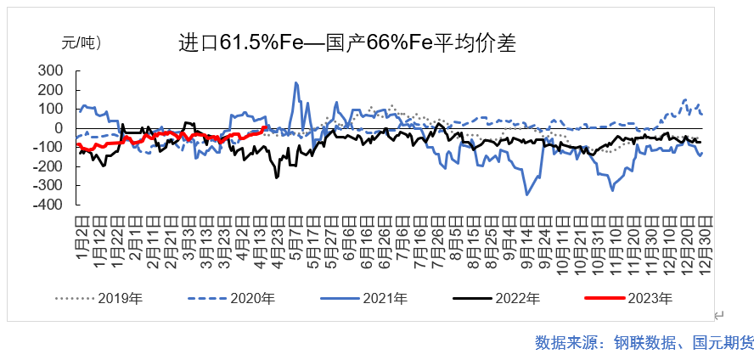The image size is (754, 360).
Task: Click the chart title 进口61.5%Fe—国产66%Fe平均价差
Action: (x=346, y=42)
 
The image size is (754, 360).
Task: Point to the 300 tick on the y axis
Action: (x=50, y=70)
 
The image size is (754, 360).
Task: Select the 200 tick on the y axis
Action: (x=50, y=90)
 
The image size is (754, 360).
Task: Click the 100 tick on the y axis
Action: (x=50, y=109)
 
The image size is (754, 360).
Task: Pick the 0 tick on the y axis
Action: (x=59, y=128)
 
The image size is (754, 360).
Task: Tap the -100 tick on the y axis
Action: (x=48, y=148)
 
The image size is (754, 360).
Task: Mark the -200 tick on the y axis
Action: (x=48, y=166)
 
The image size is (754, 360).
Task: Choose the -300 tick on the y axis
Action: (x=48, y=186)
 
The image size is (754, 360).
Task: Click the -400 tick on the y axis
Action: (x=48, y=205)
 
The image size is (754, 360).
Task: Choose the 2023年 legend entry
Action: (x=650, y=298)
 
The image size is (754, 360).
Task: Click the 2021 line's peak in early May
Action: (x=295, y=82)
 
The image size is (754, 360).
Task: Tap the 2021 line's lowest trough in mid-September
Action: (x=526, y=194)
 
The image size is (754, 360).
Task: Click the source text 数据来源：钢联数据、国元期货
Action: (x=644, y=343)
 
